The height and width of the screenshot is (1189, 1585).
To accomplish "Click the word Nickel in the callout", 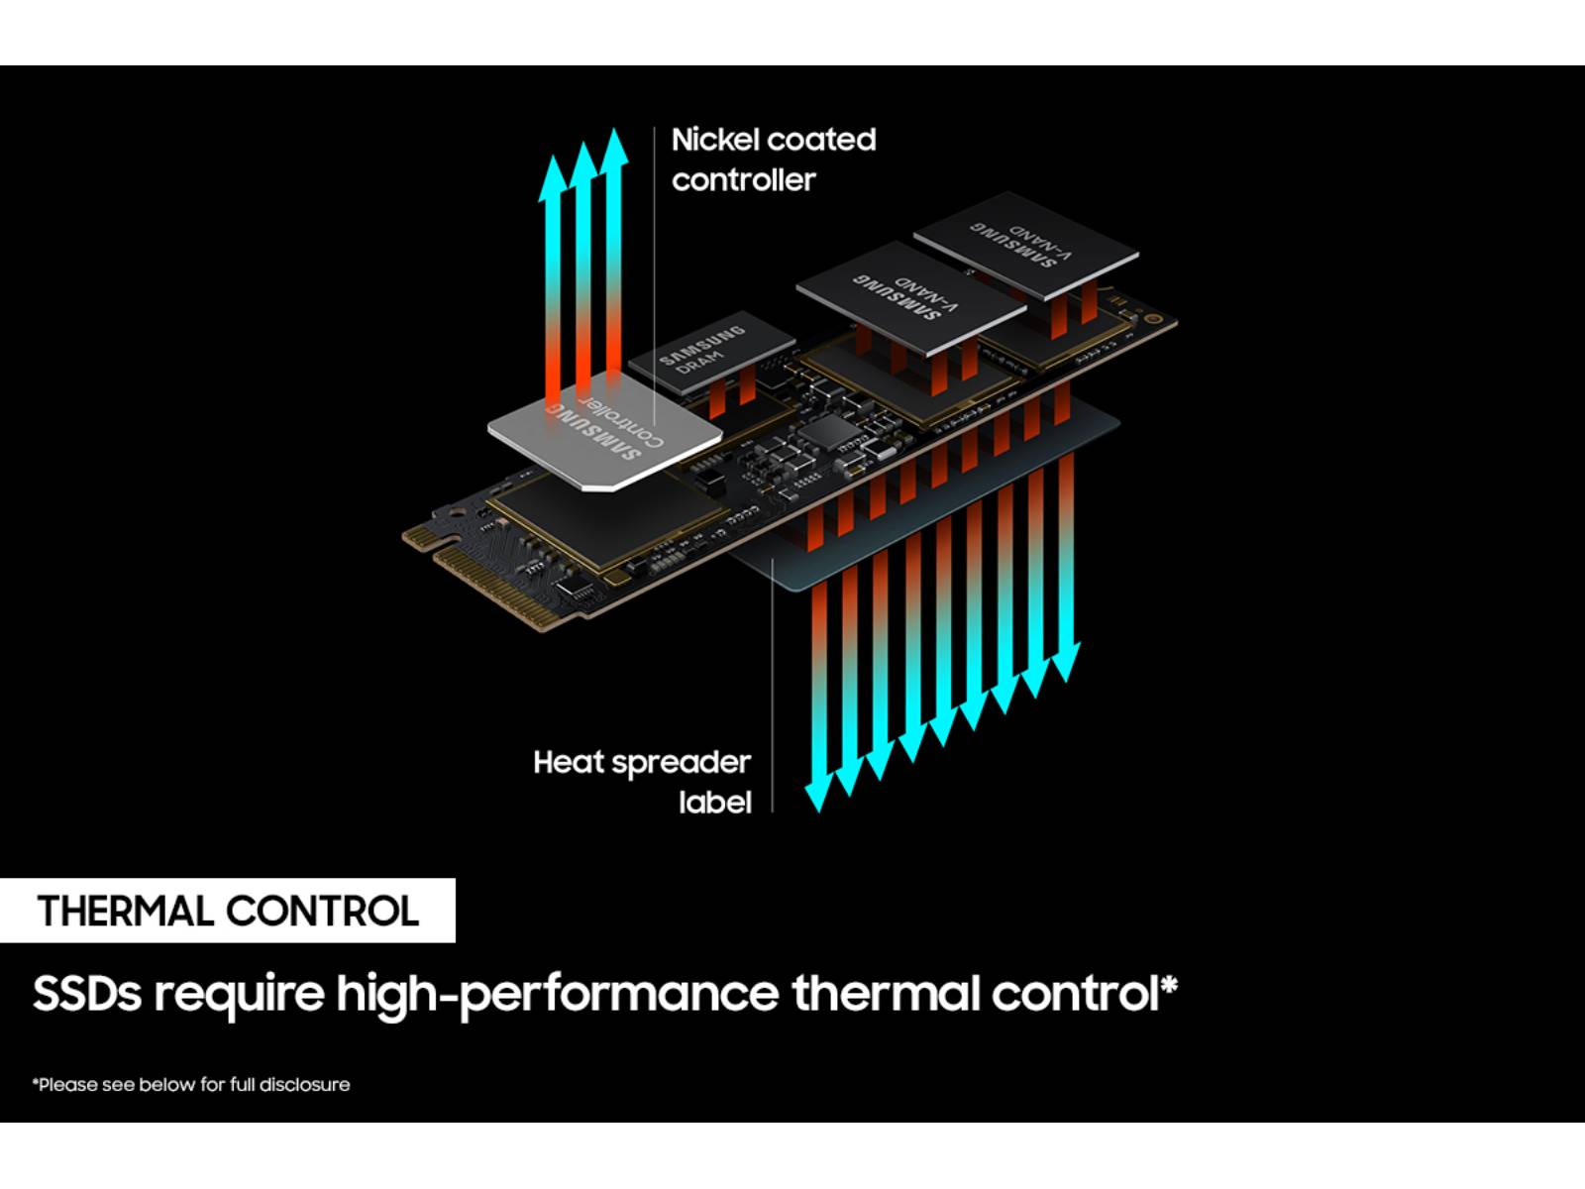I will (x=709, y=140).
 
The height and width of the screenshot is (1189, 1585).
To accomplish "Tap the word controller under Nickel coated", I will (x=743, y=180).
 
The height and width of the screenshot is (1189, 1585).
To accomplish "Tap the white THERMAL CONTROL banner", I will (x=228, y=911).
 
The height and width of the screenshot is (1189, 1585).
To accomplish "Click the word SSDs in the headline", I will (x=87, y=994).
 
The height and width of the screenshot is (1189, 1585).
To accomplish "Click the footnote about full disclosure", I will (x=191, y=1085).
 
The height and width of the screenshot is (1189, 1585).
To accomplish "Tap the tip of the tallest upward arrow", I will (x=615, y=134).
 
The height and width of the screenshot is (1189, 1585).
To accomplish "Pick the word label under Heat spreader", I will (x=715, y=802).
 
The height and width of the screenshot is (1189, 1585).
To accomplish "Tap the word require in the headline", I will (x=239, y=994).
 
